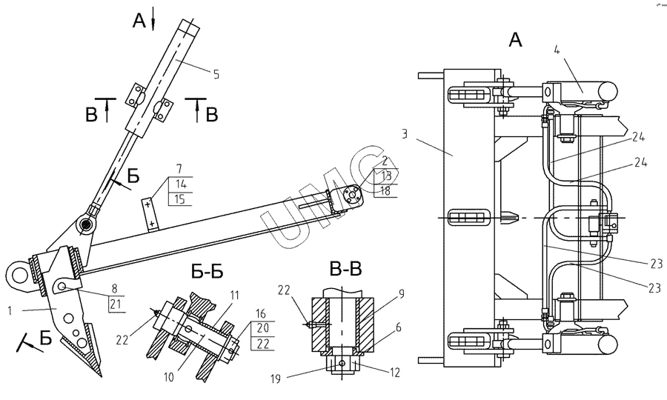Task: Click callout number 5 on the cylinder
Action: pos(216,75)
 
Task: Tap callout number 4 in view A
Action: pos(557,50)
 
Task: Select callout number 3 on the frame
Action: pos(404,134)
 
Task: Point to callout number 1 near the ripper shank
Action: pos(10,310)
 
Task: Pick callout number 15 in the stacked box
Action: pos(180,199)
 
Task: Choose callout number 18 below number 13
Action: pos(385,191)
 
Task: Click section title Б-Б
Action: pos(208,272)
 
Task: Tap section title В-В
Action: pos(345,269)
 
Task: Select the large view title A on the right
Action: pos(515,41)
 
